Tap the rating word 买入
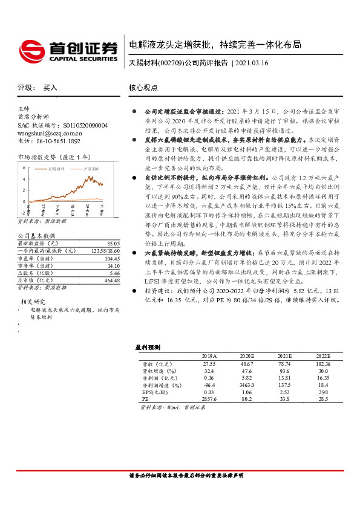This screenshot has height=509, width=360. pyautogui.click(x=50, y=88)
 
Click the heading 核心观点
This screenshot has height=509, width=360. pyautogui.click(x=143, y=88)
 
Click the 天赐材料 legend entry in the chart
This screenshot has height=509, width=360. pyautogui.click(x=56, y=169)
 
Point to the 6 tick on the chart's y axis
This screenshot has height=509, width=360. pyautogui.click(x=24, y=167)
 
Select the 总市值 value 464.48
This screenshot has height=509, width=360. pyautogui.click(x=111, y=280)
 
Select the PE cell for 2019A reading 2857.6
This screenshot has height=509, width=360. pyautogui.click(x=209, y=399)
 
